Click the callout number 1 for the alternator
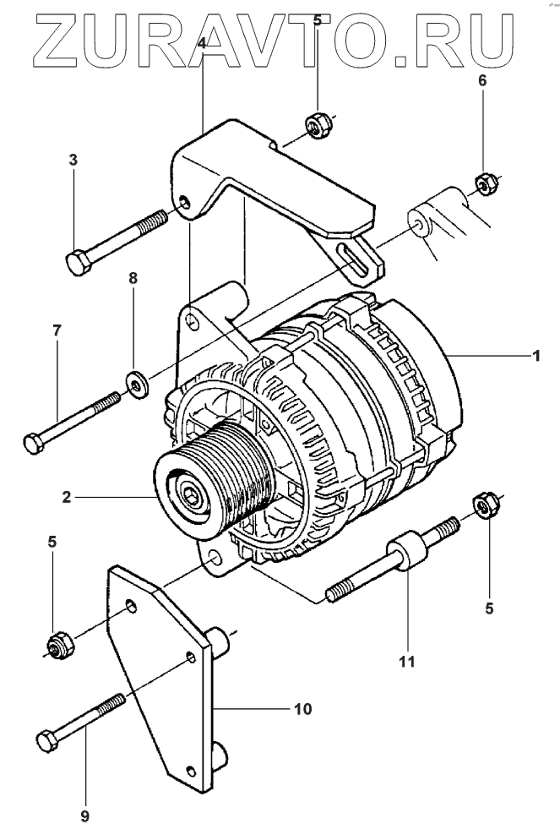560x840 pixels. [536, 355]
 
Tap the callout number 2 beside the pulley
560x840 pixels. [67, 497]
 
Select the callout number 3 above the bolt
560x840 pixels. [73, 159]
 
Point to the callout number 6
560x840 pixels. [482, 80]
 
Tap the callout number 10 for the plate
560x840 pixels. [302, 709]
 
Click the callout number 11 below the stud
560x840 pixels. [407, 662]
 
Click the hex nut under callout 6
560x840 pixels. [487, 183]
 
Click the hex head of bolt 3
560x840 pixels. [79, 262]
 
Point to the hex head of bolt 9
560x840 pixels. [47, 741]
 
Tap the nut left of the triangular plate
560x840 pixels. [61, 645]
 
